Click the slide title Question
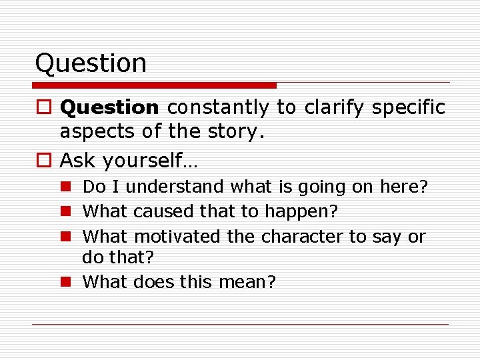pyautogui.click(x=91, y=63)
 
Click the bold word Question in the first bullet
pyautogui.click(x=109, y=107)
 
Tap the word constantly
pyautogui.click(x=218, y=107)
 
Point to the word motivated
pyautogui.click(x=175, y=237)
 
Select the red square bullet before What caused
pyautogui.click(x=67, y=212)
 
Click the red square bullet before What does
pyautogui.click(x=67, y=282)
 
